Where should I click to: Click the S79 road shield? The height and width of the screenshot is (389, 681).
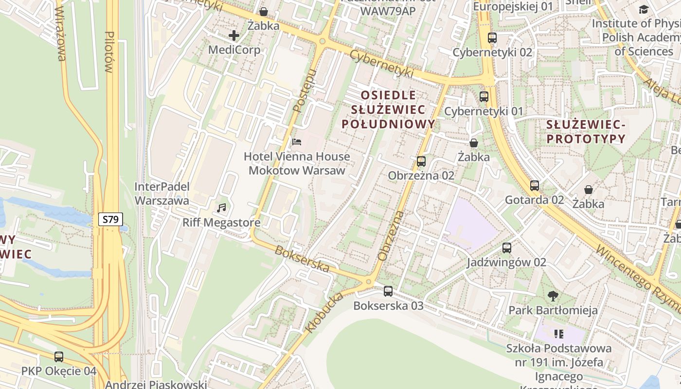[x=111, y=219]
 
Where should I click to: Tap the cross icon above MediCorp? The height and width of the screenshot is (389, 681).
[x=234, y=35]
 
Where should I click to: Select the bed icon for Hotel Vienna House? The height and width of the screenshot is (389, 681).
[x=297, y=142]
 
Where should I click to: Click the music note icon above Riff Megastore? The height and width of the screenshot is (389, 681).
[x=221, y=208]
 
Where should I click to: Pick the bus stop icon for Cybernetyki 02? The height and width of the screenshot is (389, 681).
[x=492, y=38]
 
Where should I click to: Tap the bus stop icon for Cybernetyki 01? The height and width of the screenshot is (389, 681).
[x=484, y=97]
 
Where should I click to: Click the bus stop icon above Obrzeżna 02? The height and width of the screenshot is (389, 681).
[x=421, y=161]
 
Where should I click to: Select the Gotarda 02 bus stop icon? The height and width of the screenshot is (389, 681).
[x=535, y=185]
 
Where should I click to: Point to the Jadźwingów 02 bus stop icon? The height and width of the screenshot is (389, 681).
[x=507, y=248]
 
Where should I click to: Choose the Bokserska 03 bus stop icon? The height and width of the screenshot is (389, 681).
[x=388, y=291]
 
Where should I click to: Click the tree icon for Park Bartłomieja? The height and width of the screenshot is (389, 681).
[x=553, y=296]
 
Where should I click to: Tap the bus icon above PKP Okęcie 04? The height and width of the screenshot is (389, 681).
[x=59, y=356]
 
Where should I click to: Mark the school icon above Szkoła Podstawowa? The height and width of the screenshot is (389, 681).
[x=558, y=334]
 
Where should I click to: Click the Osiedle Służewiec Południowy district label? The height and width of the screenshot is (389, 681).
[x=388, y=109]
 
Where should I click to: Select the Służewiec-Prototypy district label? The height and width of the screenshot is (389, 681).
[x=586, y=131]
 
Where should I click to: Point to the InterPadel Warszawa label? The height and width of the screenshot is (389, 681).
[x=161, y=194]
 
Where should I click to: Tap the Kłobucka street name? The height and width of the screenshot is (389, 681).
[x=324, y=313]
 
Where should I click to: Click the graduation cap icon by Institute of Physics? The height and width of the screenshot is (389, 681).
[x=644, y=9]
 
